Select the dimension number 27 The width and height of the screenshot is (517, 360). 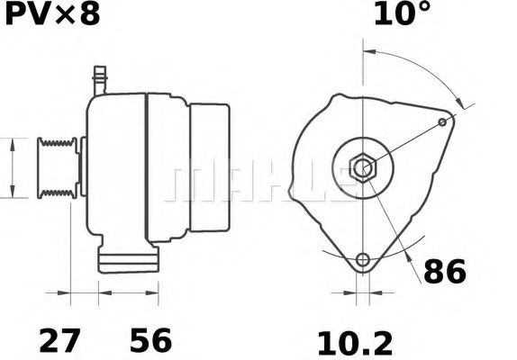coord(59,341)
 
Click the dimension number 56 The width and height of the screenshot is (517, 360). coord(150,341)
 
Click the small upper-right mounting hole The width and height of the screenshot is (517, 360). coord(441,121)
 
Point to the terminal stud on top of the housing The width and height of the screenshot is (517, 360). coord(100,76)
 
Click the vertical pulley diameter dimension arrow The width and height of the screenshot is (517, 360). coord(12,167)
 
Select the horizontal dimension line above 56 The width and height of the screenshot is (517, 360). coord(130,292)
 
